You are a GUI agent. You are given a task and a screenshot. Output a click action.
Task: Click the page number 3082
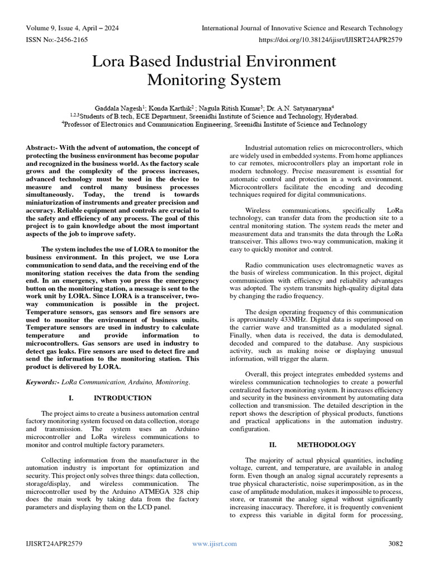click(395, 544)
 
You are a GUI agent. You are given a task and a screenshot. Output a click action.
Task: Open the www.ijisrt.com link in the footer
click(214, 544)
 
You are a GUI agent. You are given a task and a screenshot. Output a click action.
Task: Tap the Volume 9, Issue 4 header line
click(72, 28)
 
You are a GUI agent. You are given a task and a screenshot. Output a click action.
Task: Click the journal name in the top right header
click(302, 28)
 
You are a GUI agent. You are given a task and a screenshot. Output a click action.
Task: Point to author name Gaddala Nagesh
click(118, 107)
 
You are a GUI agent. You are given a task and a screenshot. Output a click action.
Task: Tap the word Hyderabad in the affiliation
click(339, 116)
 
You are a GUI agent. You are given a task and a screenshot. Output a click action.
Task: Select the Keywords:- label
click(45, 382)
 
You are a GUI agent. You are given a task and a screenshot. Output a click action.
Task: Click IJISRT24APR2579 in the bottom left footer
click(54, 544)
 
